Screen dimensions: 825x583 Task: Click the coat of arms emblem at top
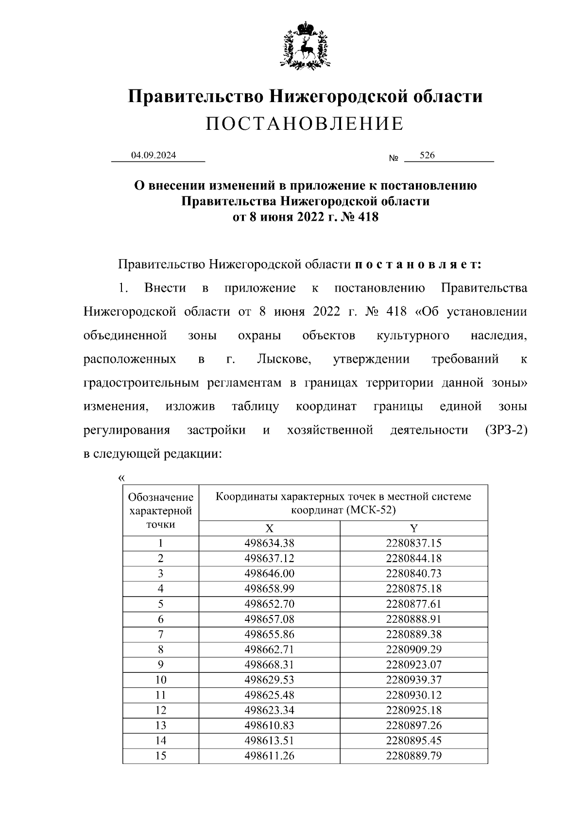click(x=305, y=45)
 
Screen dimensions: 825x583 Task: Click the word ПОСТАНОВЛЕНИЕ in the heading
click(x=305, y=124)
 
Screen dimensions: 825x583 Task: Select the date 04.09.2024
click(x=154, y=156)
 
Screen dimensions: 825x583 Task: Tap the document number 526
click(x=427, y=156)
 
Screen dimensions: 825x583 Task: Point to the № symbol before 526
click(x=394, y=158)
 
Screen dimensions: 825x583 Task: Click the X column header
click(x=269, y=528)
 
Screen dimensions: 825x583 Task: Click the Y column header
click(x=413, y=528)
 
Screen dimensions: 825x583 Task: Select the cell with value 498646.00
click(x=269, y=574)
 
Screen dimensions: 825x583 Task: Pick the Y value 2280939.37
click(x=413, y=680)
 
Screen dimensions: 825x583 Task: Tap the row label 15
click(x=160, y=755)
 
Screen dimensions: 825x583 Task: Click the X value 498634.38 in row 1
click(x=269, y=544)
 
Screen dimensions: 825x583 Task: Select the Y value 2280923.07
click(x=413, y=665)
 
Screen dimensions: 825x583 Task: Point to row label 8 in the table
click(x=160, y=649)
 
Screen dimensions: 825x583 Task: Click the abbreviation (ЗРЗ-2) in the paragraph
click(x=506, y=430)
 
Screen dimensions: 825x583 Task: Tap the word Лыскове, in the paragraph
click(x=284, y=359)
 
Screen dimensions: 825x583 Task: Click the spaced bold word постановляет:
click(x=418, y=265)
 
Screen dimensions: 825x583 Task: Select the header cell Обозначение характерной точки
click(x=160, y=510)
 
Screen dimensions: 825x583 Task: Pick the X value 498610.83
click(x=269, y=725)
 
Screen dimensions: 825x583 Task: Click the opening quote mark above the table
click(x=121, y=477)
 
